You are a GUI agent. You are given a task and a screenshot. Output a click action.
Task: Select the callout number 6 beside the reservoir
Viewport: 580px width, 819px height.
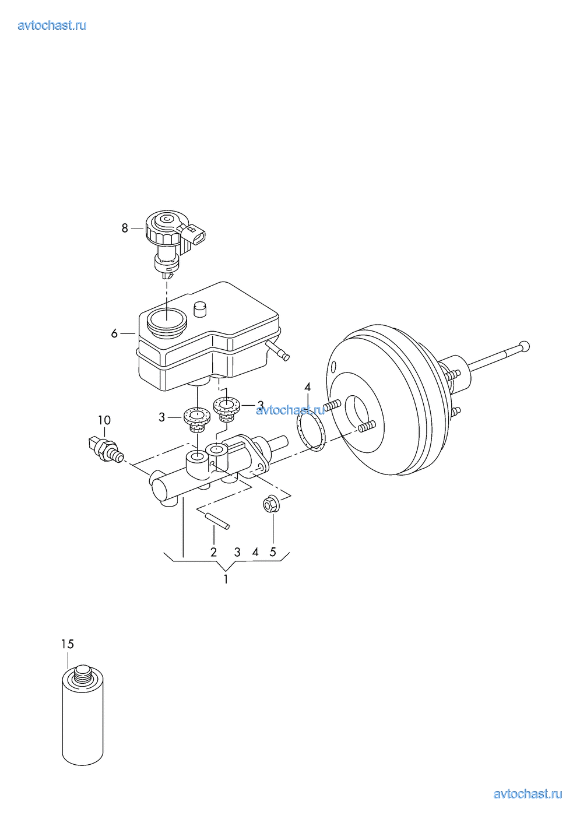(x=114, y=333)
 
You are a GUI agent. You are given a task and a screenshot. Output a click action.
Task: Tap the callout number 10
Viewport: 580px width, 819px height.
(x=104, y=420)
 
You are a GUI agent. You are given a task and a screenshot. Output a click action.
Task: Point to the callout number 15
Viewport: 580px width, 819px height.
(x=68, y=644)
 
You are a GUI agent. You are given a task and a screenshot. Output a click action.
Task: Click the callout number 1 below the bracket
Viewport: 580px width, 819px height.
(x=226, y=579)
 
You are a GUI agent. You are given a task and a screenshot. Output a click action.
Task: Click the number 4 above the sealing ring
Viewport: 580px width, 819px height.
(x=308, y=387)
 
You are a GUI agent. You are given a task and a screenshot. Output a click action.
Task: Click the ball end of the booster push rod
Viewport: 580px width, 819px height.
(x=525, y=346)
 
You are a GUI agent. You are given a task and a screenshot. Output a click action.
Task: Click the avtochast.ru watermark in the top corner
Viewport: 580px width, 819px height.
(x=52, y=26)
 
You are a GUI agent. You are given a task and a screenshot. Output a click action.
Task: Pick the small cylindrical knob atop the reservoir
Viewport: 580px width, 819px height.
(x=200, y=310)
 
